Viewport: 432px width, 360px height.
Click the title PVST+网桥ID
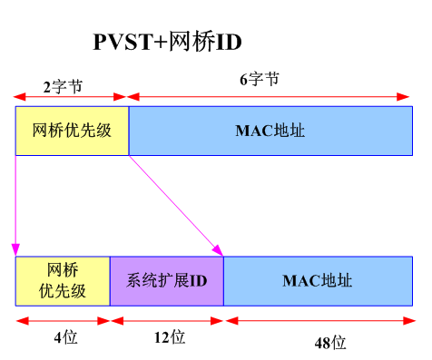pyautogui.click(x=169, y=42)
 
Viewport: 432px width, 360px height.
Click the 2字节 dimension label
pyautogui.click(x=63, y=87)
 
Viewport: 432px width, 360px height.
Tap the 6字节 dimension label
pyautogui.click(x=259, y=80)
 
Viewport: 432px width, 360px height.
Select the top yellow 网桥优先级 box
pyautogui.click(x=72, y=131)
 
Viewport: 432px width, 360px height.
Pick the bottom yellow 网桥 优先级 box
pyautogui.click(x=63, y=280)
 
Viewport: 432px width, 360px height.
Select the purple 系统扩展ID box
pyautogui.click(x=166, y=280)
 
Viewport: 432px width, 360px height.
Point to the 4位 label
pyautogui.click(x=64, y=338)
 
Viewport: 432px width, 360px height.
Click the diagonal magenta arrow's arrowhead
pyautogui.click(x=219, y=250)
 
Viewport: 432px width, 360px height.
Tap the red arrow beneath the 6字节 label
pyautogui.click(x=271, y=95)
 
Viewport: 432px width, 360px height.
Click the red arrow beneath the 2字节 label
pyautogui.click(x=70, y=95)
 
